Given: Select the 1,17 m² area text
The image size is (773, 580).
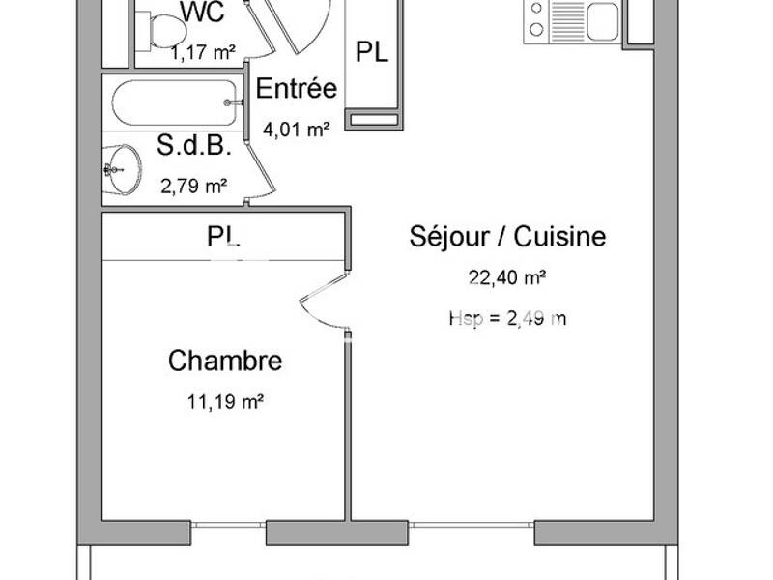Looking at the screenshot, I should [x=202, y=53].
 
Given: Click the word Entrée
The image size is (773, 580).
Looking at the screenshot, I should [x=296, y=89].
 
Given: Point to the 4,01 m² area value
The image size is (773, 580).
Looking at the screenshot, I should [x=297, y=129].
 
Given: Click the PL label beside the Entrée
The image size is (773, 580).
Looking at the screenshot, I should [x=372, y=52].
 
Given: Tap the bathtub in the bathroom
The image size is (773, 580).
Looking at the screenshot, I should [x=175, y=102].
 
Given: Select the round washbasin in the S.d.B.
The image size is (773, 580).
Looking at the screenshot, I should [x=124, y=169].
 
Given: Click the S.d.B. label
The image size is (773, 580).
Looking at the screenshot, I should [x=193, y=146].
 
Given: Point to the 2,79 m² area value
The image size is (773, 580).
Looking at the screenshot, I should [x=194, y=185].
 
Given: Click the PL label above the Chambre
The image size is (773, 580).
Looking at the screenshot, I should [x=223, y=236].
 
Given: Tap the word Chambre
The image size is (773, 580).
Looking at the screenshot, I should [x=225, y=362].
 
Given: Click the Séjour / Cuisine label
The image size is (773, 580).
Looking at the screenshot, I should [x=507, y=236].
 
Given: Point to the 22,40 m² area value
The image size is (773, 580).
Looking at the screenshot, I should [x=507, y=278].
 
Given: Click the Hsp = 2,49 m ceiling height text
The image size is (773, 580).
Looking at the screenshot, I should [x=507, y=318].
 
